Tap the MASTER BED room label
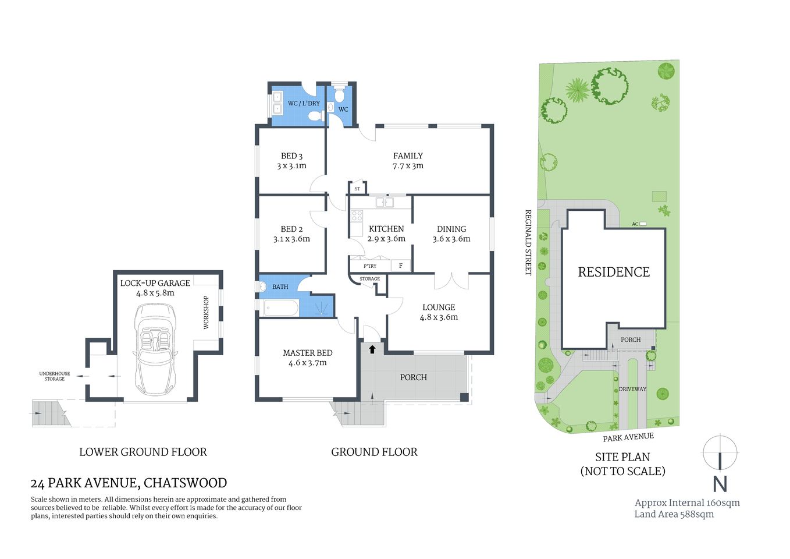point(307,353)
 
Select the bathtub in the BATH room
point(281,307)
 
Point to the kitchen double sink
point(384,203)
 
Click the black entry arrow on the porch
point(372,349)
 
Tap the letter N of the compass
point(720,484)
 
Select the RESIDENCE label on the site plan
point(613,272)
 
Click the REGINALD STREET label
point(528,242)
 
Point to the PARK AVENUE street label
point(628,437)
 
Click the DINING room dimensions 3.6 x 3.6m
point(451,239)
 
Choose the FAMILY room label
point(408,156)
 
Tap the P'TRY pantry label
point(370,266)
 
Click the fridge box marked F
point(400,266)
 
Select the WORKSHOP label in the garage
point(206,313)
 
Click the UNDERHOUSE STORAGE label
point(55,376)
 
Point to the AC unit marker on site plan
point(642,224)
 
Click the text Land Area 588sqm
point(674,514)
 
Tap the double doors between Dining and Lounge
point(451,281)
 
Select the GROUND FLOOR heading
point(374,452)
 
